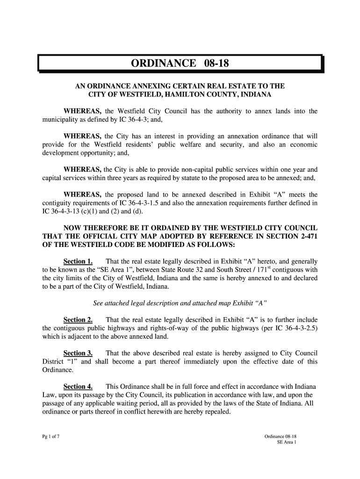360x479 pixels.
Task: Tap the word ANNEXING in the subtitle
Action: point(145,87)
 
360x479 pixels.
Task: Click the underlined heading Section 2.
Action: point(78,320)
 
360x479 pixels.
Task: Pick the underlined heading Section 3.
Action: point(78,353)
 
